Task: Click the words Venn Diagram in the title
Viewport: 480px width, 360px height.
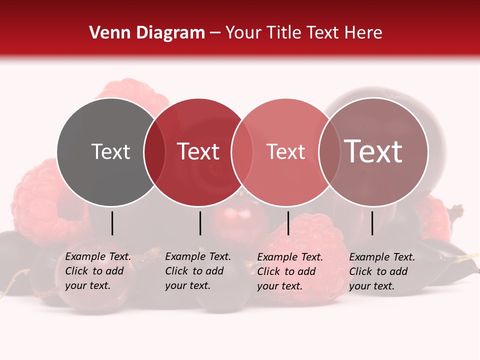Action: point(147,33)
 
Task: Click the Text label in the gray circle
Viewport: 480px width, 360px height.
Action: point(110,151)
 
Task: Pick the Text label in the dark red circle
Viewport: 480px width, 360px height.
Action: point(198,151)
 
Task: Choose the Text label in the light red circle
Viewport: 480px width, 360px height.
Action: point(285,151)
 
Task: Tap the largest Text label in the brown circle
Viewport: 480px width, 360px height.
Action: point(373,151)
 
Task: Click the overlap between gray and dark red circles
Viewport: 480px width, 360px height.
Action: point(154,151)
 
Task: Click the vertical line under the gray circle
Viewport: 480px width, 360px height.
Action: point(112,223)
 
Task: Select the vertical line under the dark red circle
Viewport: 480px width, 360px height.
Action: point(200,223)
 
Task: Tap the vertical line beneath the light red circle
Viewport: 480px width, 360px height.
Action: point(288,223)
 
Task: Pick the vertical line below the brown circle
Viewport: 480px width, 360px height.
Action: point(372,223)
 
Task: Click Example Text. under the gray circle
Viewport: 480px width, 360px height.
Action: point(98,256)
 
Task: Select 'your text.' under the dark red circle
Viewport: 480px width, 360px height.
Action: point(187,285)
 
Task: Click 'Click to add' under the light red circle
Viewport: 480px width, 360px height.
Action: point(286,271)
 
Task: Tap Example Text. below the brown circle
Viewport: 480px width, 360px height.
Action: point(382,257)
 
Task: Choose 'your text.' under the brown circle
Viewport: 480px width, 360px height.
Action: point(371,286)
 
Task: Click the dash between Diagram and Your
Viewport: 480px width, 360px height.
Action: point(215,33)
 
